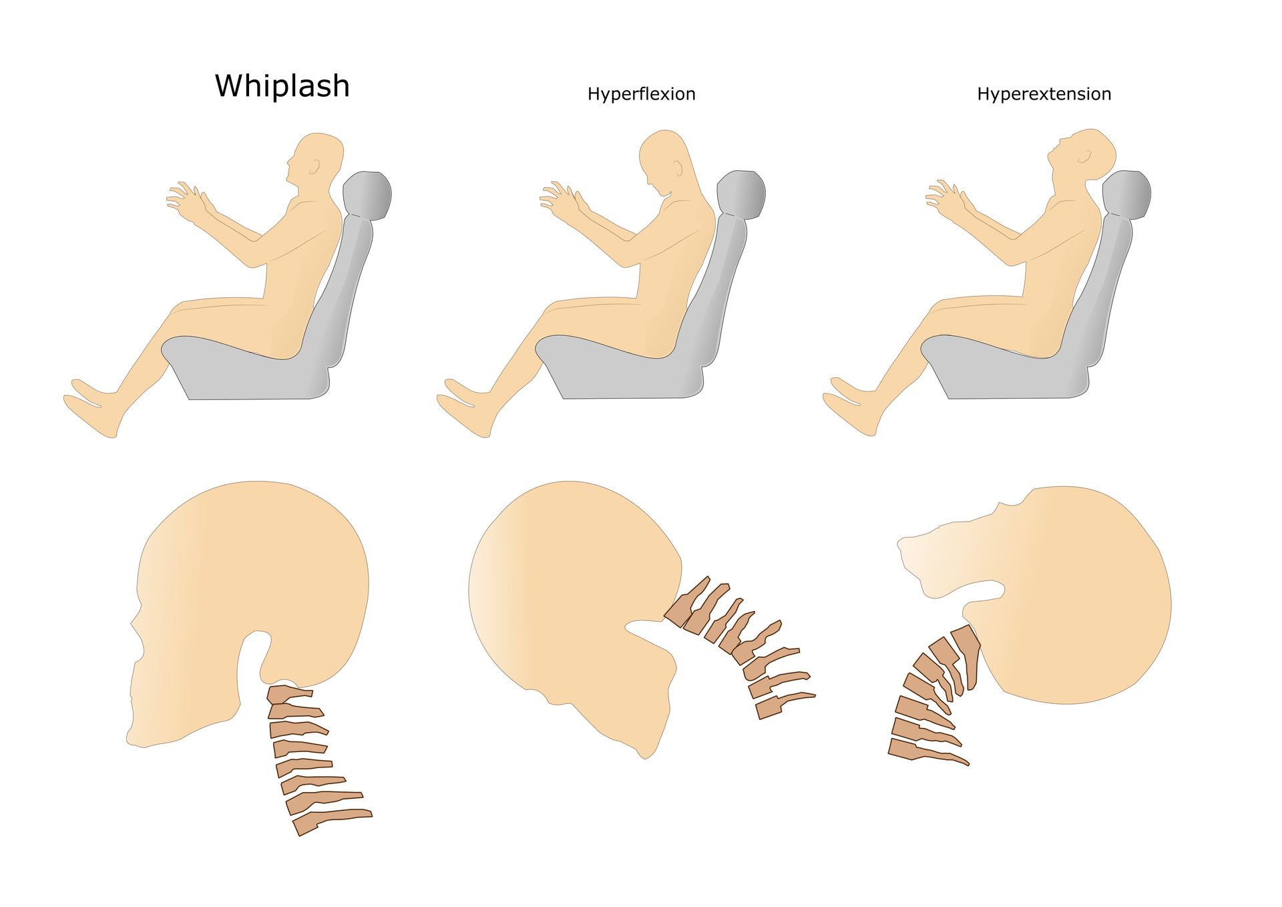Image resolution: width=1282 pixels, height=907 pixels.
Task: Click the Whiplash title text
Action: point(282,86)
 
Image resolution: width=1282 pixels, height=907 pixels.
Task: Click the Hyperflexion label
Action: point(642,94)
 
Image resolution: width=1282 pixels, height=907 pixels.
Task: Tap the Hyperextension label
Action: point(1044,94)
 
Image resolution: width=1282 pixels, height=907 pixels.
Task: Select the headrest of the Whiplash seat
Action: point(367,195)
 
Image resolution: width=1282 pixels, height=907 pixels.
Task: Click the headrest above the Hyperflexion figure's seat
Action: point(741,194)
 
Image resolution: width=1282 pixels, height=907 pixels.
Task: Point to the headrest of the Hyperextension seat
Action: point(1126,194)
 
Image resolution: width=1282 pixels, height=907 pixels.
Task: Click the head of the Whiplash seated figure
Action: point(315,164)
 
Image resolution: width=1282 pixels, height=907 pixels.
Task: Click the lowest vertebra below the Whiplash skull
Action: point(331,822)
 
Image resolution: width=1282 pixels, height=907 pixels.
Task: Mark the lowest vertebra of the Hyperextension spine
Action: point(925,751)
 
